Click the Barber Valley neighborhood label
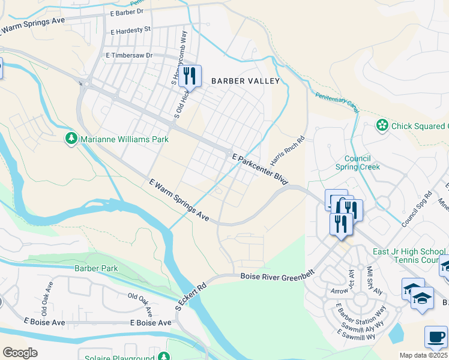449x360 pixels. pos(245,80)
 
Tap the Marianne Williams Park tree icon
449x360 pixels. pos(71,139)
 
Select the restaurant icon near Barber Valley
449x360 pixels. pos(190,75)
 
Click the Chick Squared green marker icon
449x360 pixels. pos(381,125)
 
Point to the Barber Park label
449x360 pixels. pos(96,268)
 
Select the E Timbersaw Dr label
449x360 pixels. pos(129,55)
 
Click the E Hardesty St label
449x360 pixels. pos(130,29)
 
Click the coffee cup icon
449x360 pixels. pos(436,337)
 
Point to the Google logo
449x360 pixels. pos(20,353)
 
